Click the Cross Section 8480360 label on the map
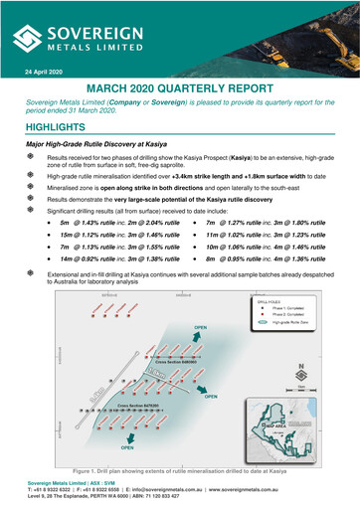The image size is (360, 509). pyautogui.click(x=167, y=338)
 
